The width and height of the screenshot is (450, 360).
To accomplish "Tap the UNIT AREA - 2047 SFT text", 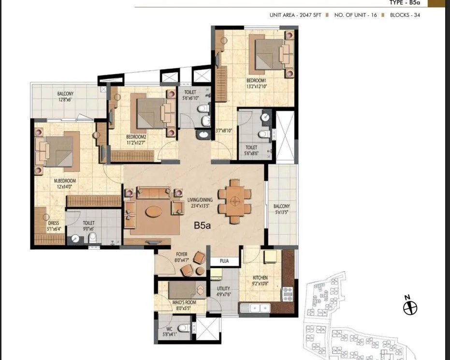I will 295,15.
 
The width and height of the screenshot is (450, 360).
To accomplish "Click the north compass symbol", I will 410,307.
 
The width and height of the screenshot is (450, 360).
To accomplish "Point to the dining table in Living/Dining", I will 234,201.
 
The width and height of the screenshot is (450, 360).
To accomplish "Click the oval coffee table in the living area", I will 154,211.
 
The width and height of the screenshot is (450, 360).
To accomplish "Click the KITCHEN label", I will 260,278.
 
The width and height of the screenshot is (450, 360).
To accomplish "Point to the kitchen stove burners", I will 287,292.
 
